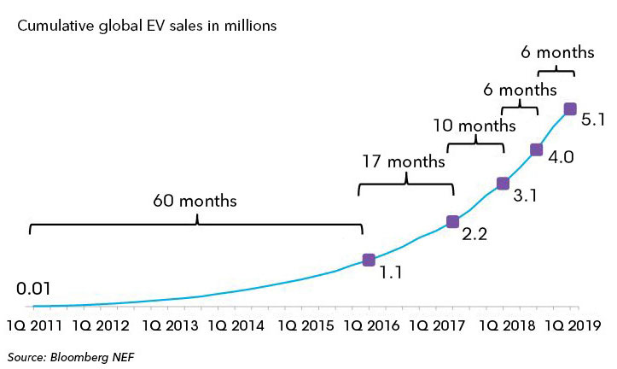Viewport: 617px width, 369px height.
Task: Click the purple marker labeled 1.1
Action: [x=369, y=260]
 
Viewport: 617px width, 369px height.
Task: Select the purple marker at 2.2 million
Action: [x=452, y=222]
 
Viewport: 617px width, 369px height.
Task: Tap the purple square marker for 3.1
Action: [x=503, y=184]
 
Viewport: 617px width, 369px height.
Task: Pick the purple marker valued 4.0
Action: [x=536, y=149]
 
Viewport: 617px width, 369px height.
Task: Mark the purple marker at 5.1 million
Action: [x=569, y=108]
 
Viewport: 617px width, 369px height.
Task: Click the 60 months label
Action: [x=195, y=202]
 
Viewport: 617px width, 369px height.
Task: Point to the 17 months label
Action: [x=405, y=161]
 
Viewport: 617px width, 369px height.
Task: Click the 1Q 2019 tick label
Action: [x=574, y=325]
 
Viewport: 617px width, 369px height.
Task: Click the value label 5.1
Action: [x=593, y=120]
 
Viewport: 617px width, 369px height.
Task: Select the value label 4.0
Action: [x=560, y=160]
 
